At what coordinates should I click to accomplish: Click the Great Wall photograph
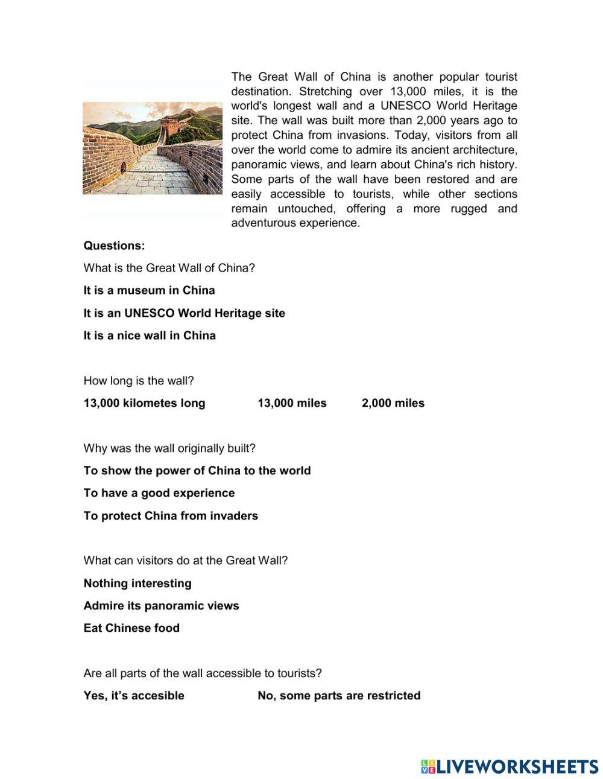(x=153, y=148)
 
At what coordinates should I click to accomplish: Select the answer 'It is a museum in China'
(x=149, y=290)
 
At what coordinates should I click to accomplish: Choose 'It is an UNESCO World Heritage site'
(x=184, y=313)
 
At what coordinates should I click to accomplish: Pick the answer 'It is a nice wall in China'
(x=150, y=335)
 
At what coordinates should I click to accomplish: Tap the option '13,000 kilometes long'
(x=144, y=403)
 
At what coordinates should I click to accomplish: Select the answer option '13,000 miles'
(x=292, y=403)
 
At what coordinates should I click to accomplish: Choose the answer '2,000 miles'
(x=393, y=403)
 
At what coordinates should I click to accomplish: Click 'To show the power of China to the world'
(x=197, y=471)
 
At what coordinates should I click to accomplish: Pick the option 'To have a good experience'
(x=159, y=493)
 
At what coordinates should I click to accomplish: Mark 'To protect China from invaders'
(x=171, y=516)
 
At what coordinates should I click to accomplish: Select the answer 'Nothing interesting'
(x=137, y=583)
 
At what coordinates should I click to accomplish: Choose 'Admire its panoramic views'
(x=161, y=606)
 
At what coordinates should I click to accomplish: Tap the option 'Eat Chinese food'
(x=131, y=628)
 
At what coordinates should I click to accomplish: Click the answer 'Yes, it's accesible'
(x=134, y=696)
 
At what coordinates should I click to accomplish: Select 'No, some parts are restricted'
(x=339, y=696)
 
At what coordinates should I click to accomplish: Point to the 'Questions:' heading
(x=114, y=246)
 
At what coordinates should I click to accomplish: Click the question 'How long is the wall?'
(x=139, y=381)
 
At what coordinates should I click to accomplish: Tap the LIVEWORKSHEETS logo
(x=510, y=766)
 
